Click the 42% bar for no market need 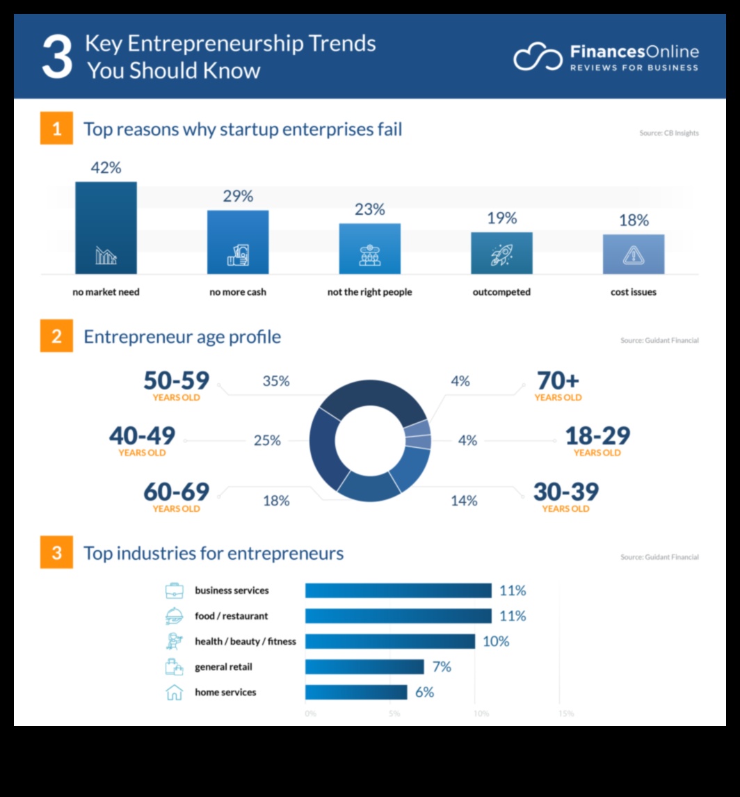tap(106, 227)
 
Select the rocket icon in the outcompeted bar tap(501, 256)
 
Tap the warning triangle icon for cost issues tap(633, 256)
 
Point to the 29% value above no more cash tap(238, 196)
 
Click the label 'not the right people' tap(369, 292)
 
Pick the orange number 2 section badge tap(56, 337)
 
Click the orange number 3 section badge tap(56, 553)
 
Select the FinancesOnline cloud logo tap(537, 57)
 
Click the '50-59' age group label tap(176, 380)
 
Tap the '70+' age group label tap(558, 380)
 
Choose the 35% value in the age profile tap(276, 381)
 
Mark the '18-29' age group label tap(597, 436)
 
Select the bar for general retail tap(364, 667)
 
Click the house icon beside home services tap(174, 692)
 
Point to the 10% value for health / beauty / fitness tap(496, 641)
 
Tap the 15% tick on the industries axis tap(565, 714)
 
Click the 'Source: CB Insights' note tap(668, 133)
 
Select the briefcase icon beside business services tap(174, 591)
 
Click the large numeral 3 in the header tap(56, 58)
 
